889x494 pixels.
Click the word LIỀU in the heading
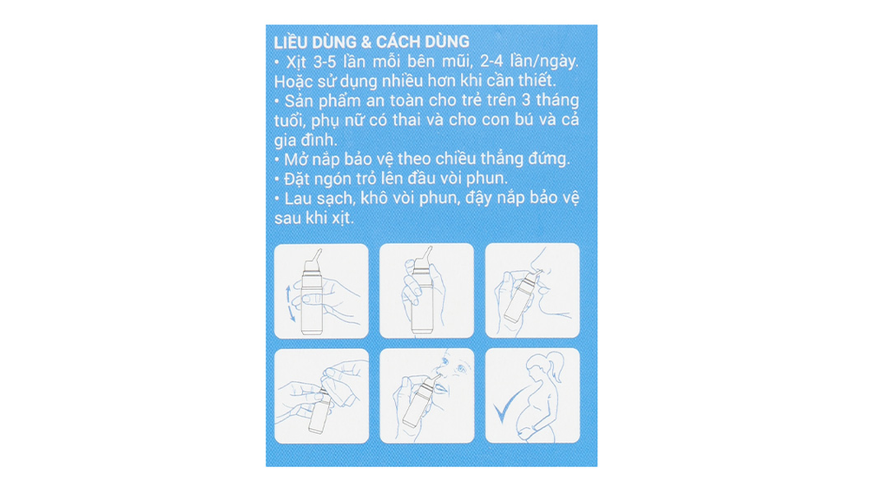(292, 42)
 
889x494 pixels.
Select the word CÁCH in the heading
(398, 42)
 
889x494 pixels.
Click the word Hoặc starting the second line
(293, 81)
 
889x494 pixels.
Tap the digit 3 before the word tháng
(525, 101)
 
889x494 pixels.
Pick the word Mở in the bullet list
(294, 159)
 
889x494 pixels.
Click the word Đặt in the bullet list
(296, 179)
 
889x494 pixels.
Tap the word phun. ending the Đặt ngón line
(487, 179)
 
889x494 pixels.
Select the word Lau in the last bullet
(298, 199)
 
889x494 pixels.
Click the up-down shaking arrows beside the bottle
(290, 304)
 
